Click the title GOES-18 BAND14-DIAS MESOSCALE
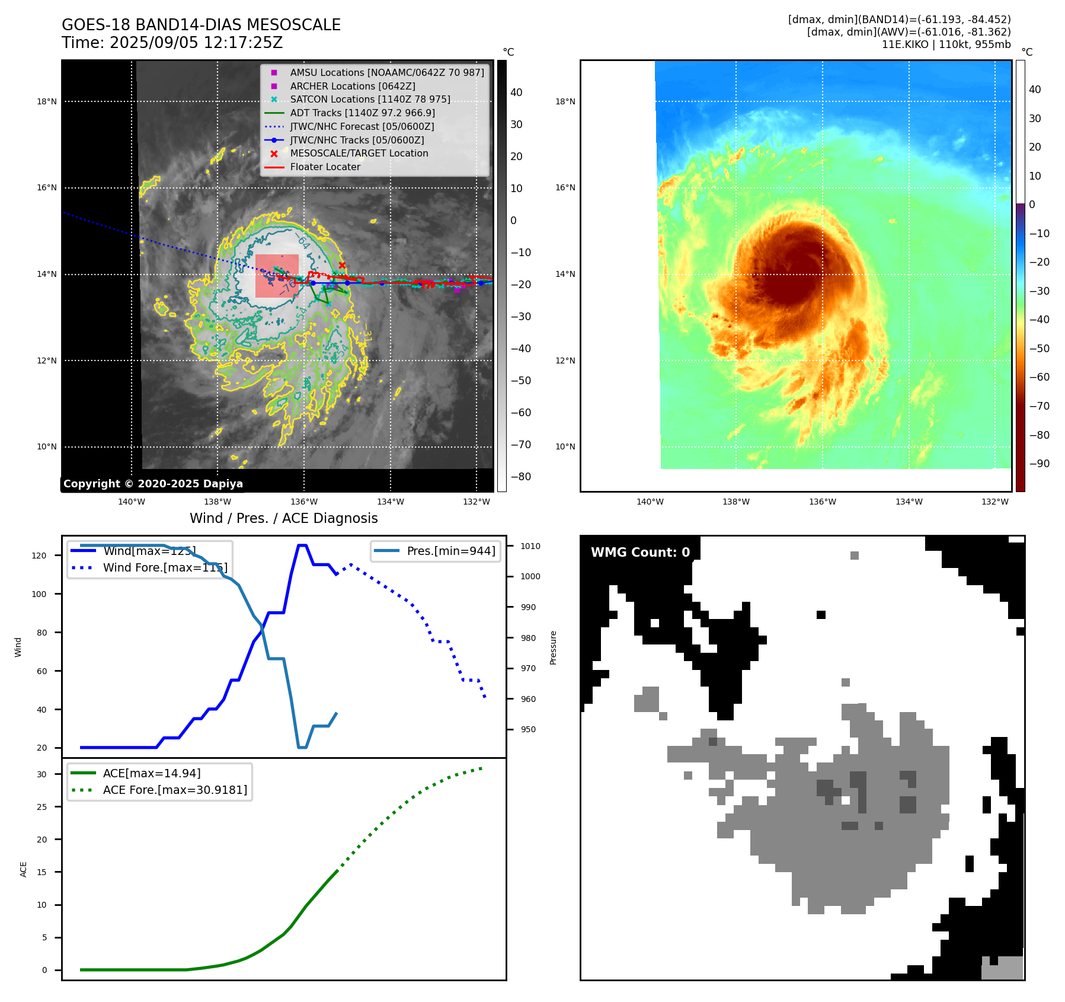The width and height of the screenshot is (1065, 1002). tap(201, 25)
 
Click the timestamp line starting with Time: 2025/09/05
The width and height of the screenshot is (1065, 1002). tap(172, 43)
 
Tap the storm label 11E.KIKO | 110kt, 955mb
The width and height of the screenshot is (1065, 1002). tap(946, 44)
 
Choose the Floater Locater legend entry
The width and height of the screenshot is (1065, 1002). tap(325, 167)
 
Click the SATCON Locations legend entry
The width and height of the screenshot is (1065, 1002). tap(370, 99)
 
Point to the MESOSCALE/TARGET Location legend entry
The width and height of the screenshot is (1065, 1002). tap(359, 153)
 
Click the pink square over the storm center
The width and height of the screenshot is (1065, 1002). tap(277, 276)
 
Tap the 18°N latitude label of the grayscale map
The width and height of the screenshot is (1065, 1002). tap(47, 101)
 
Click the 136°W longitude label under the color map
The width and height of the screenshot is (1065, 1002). tap(823, 502)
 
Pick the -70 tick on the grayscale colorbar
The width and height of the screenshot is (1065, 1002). tap(521, 445)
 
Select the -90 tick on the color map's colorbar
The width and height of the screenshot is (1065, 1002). tap(1039, 464)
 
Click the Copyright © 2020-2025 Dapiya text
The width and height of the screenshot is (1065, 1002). tap(153, 484)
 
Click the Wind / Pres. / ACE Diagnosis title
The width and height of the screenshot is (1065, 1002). tap(283, 518)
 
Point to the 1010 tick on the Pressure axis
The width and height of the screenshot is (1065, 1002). tap(530, 546)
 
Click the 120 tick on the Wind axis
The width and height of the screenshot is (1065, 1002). tap(39, 556)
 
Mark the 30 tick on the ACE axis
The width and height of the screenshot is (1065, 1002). tap(41, 774)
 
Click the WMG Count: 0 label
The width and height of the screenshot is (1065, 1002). tap(640, 552)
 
